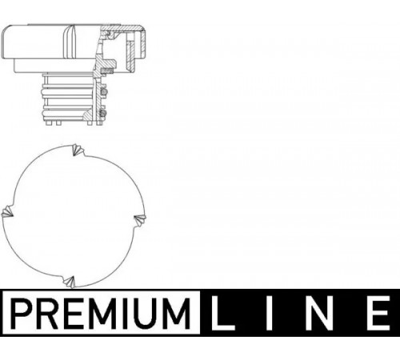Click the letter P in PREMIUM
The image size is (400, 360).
click(20, 313)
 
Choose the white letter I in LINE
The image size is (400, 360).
click(270, 313)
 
